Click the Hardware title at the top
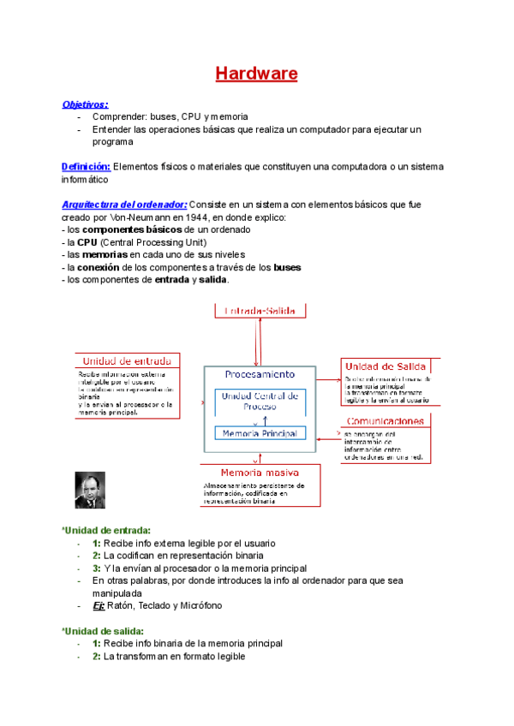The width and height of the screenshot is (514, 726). [x=256, y=74]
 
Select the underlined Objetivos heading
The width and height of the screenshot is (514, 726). [x=85, y=104]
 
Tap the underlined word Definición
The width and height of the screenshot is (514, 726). [x=86, y=166]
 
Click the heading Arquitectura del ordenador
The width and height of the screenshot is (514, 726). [x=124, y=205]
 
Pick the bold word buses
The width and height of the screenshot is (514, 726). [x=287, y=267]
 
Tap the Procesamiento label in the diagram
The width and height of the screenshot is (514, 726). [x=260, y=374]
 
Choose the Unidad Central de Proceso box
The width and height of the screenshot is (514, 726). [x=260, y=401]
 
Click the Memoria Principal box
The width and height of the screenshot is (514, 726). [x=260, y=434]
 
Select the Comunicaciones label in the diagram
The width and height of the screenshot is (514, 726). [x=385, y=421]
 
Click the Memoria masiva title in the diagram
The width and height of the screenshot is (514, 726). [x=260, y=473]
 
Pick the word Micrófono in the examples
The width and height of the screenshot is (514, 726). [x=198, y=605]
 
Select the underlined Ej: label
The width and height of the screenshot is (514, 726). [x=99, y=605]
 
